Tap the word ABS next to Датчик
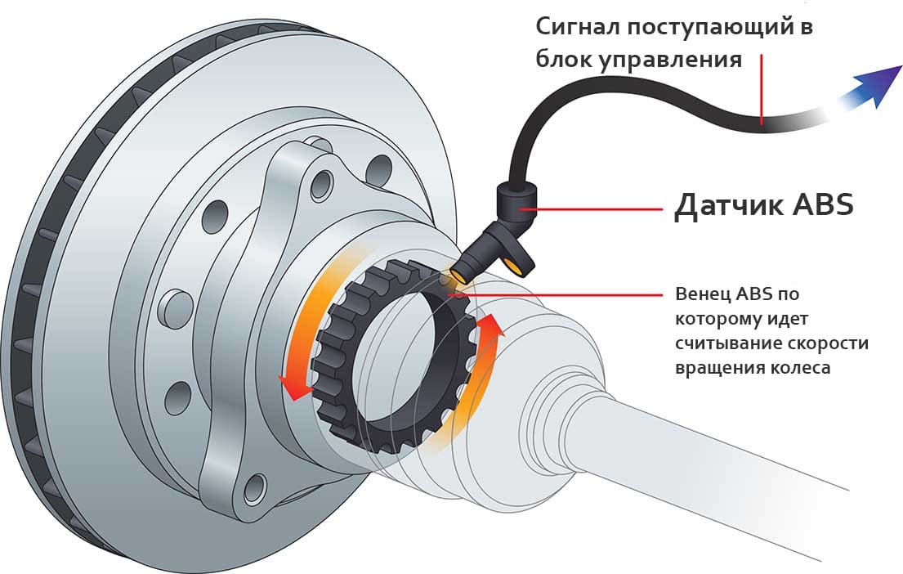[x=824, y=204]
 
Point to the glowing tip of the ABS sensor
[x=458, y=275]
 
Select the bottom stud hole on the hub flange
[x=255, y=491]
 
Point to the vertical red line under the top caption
[x=762, y=89]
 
